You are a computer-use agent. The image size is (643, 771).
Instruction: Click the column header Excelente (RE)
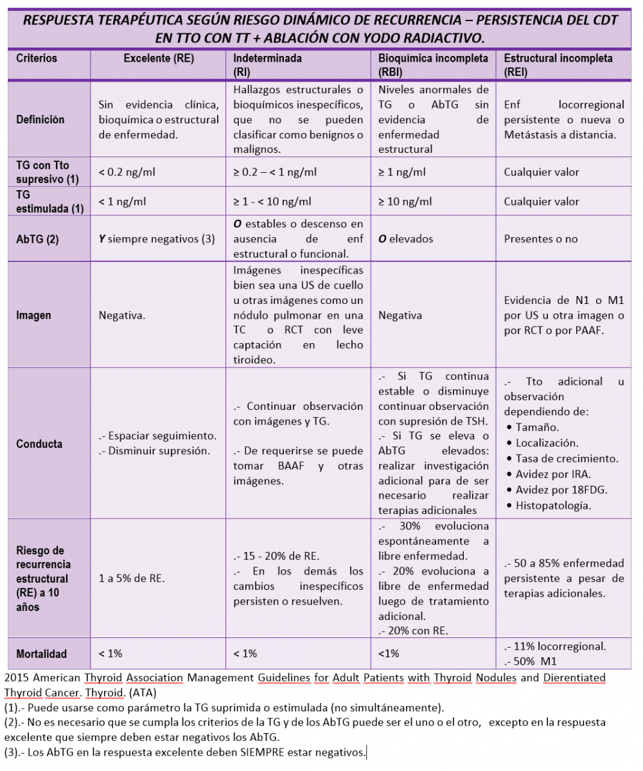pos(158,58)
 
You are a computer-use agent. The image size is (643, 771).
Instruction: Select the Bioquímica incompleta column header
pos(433,58)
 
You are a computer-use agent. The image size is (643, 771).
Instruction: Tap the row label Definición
pos(40,120)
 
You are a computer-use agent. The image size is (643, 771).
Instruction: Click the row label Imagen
pos(33,315)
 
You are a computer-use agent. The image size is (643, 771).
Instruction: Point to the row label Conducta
pos(39,444)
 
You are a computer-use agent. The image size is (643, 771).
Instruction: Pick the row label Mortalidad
pos(42,654)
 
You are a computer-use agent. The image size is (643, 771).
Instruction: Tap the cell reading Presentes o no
pos(541,239)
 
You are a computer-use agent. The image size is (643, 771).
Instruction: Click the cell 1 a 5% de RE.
pos(132,578)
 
